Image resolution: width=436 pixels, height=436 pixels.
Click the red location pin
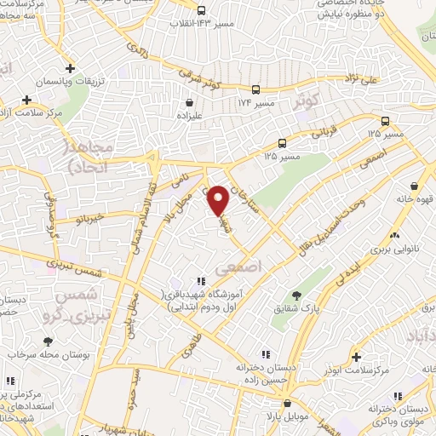click(x=219, y=200)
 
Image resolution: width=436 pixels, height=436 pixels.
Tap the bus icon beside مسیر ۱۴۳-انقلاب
click(x=200, y=11)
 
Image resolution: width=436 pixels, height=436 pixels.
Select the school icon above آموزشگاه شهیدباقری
click(x=200, y=280)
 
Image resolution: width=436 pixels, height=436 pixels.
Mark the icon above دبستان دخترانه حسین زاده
click(x=265, y=353)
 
